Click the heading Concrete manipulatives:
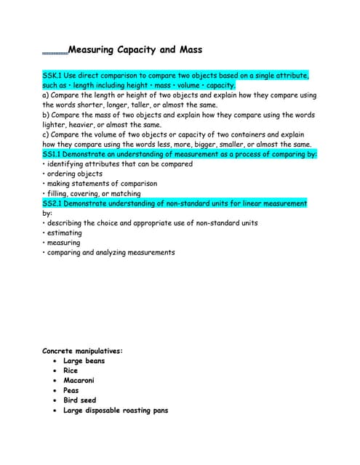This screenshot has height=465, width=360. pos(83,351)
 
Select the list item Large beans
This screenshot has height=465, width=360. pos(84,361)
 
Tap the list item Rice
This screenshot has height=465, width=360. pos(71,371)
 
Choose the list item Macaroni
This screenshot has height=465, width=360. pos(79,381)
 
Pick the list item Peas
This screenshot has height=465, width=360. pos(71,390)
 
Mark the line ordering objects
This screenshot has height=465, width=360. pos(74,174)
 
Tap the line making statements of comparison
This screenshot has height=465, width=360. pos(102,184)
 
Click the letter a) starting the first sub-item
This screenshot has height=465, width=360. pos(46,95)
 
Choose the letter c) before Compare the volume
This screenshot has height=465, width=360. pos(46,134)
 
